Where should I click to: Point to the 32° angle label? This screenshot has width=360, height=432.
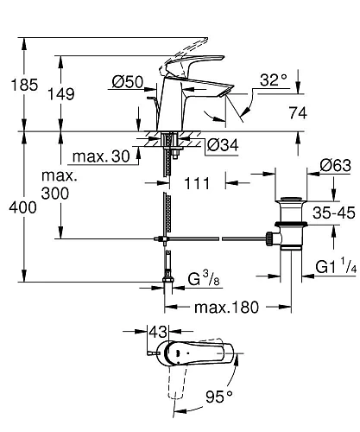point(272,80)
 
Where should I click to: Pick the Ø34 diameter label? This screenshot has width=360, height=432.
point(222,145)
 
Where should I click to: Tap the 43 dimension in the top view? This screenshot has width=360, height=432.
point(157,332)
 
